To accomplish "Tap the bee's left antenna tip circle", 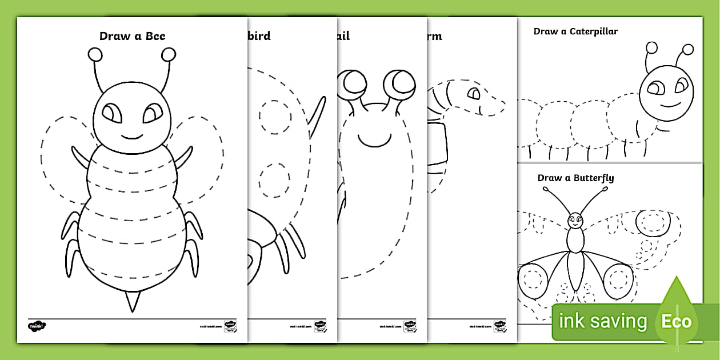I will [x=95, y=54].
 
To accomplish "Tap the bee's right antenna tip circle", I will [x=169, y=54].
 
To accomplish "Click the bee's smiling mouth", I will [x=131, y=136].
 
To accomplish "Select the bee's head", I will [x=131, y=117].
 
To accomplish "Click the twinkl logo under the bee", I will [x=37, y=326].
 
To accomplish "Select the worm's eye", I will [x=474, y=93].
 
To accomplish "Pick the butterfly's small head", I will [x=575, y=219].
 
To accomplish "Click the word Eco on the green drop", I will [x=676, y=321].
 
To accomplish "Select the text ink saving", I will [x=602, y=321].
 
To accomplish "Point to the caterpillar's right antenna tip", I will [x=688, y=49].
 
